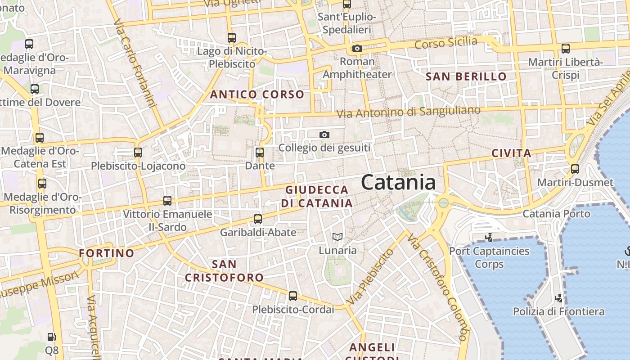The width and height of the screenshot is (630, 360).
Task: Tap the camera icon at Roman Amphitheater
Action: click(x=357, y=48)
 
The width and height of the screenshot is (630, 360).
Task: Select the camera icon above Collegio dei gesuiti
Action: click(x=324, y=135)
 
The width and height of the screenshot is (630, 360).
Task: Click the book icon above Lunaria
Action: click(x=337, y=237)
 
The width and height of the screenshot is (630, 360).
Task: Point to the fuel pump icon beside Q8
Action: click(x=52, y=337)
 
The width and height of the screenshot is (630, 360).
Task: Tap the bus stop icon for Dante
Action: click(x=260, y=153)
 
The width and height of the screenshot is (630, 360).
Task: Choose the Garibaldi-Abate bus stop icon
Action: click(x=257, y=219)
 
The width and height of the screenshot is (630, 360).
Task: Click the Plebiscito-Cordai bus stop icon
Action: click(x=293, y=296)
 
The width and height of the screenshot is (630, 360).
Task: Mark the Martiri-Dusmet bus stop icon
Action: click(x=575, y=169)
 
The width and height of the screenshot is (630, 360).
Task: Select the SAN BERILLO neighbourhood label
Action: click(x=466, y=76)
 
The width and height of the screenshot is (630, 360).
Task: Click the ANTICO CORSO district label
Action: click(x=257, y=94)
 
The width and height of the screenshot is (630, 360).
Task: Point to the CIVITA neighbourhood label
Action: click(x=511, y=153)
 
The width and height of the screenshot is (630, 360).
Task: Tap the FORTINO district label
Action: click(x=107, y=253)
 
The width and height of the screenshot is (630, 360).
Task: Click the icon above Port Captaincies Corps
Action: click(x=489, y=237)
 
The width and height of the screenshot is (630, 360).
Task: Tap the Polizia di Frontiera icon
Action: click(x=558, y=298)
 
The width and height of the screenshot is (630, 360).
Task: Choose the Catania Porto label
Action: click(x=556, y=213)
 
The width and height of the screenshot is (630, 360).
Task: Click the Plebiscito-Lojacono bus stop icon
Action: click(x=138, y=153)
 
